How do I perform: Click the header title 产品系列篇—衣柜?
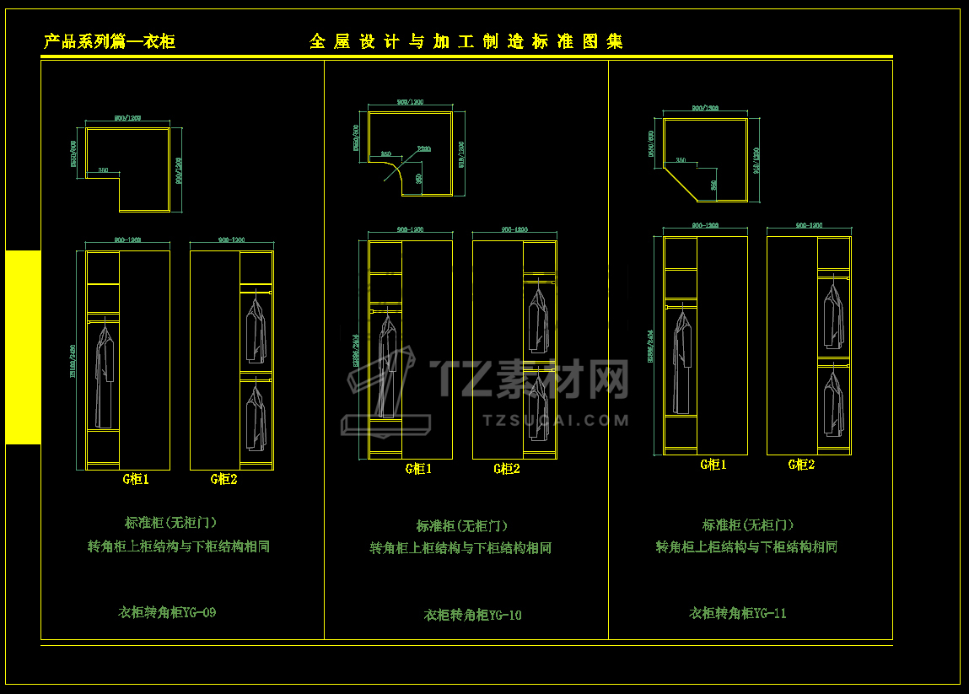pos(110,42)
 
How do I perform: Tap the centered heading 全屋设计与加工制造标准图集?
pos(466,41)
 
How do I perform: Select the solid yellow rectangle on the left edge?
pos(23,347)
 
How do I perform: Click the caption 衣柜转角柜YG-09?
pos(167,612)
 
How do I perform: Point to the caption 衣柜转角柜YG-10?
pos(472,615)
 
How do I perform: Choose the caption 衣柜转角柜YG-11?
pos(738,613)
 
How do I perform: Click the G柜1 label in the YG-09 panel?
pos(136,479)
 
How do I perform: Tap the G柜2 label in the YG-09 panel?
pos(223,479)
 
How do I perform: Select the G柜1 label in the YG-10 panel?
pos(418,469)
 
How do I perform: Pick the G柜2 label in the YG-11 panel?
pos(801,464)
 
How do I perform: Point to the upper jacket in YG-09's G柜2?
pos(255,318)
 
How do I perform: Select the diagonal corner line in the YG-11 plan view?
pos(679,183)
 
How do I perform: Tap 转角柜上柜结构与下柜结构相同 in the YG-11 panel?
pos(746,546)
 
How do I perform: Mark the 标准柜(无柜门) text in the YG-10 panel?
pos(462,526)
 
